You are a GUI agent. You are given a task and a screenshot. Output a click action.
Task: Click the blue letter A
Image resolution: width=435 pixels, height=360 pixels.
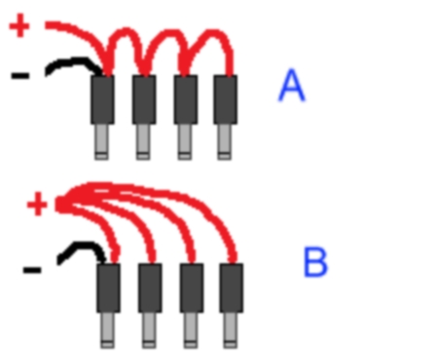click(x=292, y=86)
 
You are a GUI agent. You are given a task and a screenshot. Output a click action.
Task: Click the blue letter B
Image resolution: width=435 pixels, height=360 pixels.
click(x=315, y=262)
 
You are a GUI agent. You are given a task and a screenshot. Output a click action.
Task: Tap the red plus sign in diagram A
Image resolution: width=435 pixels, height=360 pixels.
click(x=19, y=25)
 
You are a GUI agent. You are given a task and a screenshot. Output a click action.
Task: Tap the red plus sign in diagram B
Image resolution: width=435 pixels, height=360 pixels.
click(x=38, y=204)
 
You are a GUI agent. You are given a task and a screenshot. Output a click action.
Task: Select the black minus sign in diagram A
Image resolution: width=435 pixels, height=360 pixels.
click(x=20, y=76)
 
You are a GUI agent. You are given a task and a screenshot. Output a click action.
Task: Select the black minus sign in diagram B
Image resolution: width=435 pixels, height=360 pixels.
click(x=32, y=270)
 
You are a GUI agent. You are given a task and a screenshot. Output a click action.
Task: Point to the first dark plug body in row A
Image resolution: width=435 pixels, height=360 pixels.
click(x=102, y=99)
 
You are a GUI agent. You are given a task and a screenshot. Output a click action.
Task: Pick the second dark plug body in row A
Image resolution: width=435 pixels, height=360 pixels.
click(x=144, y=99)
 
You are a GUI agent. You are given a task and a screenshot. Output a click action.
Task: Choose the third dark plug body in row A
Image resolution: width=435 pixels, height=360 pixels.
click(x=186, y=99)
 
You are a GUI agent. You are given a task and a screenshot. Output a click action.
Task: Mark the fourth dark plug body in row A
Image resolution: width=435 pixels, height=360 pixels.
click(x=225, y=99)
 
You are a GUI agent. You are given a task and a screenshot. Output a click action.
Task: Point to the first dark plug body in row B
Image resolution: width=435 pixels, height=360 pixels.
click(x=108, y=288)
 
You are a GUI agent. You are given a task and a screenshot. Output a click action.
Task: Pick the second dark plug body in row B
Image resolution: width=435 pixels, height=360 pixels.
click(x=150, y=288)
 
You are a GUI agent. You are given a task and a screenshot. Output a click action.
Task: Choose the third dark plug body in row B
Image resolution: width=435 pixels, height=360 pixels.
click(x=192, y=288)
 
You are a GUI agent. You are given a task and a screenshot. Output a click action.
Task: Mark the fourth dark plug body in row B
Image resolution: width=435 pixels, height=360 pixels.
click(x=232, y=288)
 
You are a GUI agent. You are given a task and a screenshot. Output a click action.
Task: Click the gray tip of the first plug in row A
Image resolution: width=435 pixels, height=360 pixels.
click(x=101, y=142)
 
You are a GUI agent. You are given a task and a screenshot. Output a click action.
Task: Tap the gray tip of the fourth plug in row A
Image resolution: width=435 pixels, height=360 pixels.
click(x=225, y=142)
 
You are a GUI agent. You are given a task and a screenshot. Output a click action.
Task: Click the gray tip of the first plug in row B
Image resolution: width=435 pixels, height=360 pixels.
click(x=107, y=331)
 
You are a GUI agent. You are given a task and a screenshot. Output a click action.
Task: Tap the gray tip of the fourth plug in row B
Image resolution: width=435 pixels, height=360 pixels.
click(x=231, y=331)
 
